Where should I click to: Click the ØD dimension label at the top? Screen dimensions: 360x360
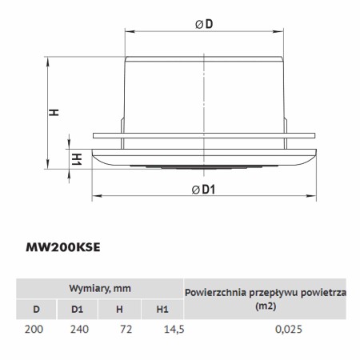[204, 24]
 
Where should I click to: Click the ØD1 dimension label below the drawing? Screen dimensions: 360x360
[203, 190]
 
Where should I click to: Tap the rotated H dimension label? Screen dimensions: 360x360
[54, 112]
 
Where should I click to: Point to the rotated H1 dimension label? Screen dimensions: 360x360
[77, 159]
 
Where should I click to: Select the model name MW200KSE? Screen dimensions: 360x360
[63, 247]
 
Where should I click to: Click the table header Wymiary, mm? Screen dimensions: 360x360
[100, 288]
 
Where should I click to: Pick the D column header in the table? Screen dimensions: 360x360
[36, 310]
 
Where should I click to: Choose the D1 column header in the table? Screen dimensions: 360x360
[77, 310]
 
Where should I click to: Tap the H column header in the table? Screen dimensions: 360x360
[119, 310]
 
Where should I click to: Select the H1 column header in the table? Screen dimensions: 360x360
[162, 310]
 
